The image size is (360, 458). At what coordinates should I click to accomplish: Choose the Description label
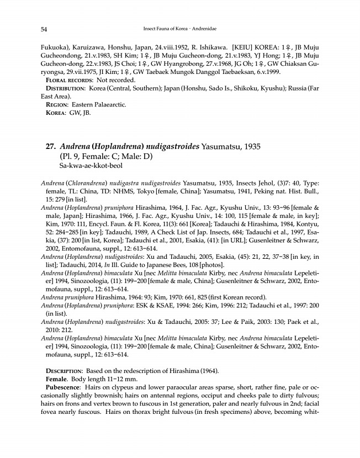point(65,369)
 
